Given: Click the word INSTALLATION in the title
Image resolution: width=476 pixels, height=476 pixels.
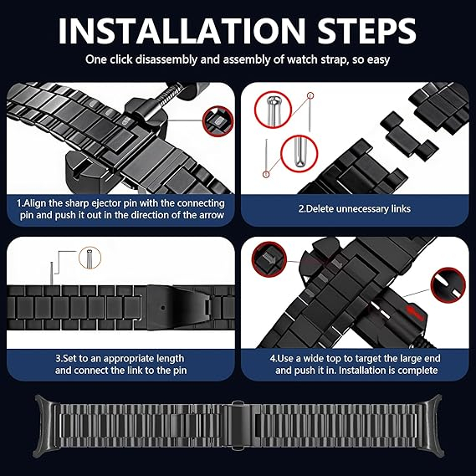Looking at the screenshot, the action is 182,31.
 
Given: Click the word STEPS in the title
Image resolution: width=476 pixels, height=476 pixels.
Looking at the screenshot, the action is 366,31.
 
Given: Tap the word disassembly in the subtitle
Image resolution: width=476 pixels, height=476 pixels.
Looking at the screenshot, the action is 166,59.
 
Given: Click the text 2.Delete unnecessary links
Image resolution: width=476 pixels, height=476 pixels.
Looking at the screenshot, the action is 354,209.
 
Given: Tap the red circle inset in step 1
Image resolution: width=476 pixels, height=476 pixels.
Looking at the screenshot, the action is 218,120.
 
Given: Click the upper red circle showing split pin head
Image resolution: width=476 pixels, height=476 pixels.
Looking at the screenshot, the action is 273,110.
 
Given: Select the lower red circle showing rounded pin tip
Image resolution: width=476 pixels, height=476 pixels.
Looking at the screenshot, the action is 299,154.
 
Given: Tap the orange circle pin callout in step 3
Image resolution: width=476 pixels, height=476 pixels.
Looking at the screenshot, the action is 90,258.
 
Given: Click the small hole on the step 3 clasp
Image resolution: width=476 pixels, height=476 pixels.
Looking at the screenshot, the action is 163,308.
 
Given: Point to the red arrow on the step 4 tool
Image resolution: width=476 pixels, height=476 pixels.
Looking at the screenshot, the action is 414,313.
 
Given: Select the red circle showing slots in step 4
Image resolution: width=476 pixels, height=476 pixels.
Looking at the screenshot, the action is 448,285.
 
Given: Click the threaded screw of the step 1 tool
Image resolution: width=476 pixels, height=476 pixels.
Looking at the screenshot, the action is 168,93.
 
